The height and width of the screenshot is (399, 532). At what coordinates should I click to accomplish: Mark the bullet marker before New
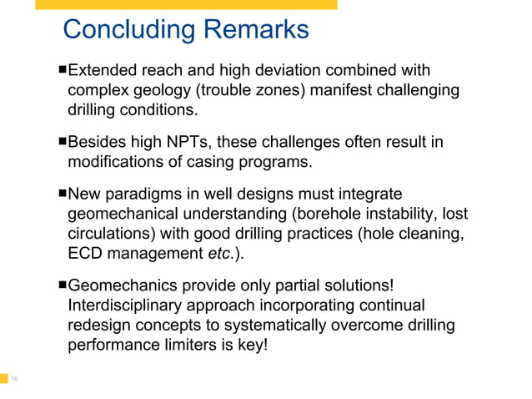(62, 193)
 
